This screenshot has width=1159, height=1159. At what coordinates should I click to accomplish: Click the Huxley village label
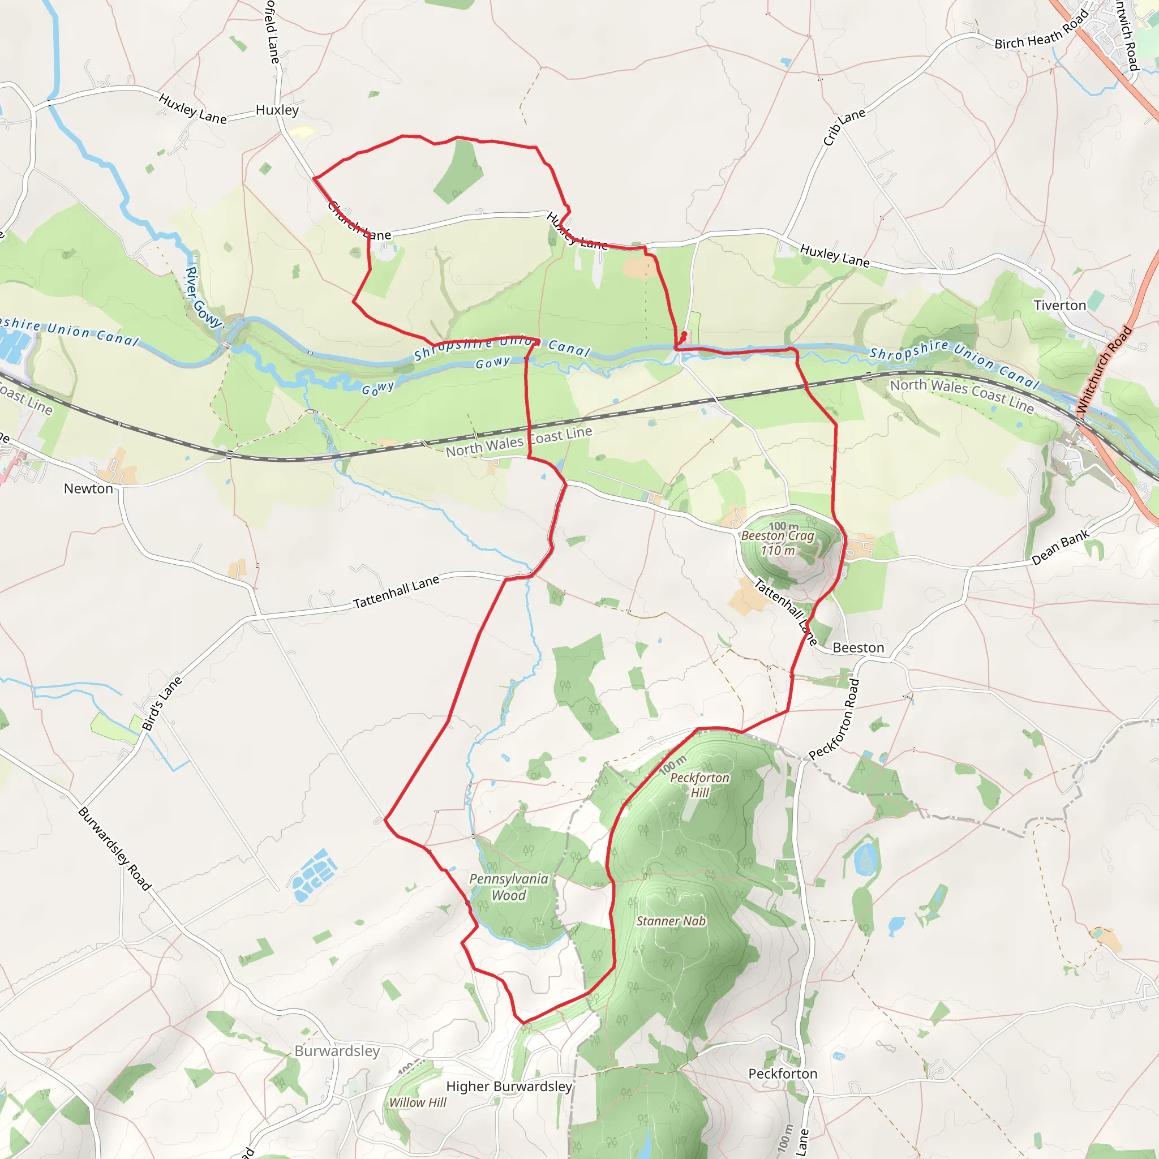(x=277, y=110)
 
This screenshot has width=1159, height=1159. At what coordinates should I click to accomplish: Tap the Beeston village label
(x=858, y=648)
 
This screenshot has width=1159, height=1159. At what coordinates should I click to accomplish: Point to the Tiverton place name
(x=1059, y=306)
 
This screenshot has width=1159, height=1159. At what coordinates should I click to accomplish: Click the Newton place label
(x=88, y=488)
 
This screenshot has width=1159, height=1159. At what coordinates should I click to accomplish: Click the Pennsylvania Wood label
(x=509, y=887)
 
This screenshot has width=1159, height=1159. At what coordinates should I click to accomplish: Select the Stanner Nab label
(x=671, y=921)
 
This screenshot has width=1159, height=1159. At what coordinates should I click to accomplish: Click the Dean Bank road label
(x=1060, y=547)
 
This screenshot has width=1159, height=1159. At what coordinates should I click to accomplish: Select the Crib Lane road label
(x=843, y=127)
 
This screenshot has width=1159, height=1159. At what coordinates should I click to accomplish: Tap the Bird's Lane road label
(x=161, y=703)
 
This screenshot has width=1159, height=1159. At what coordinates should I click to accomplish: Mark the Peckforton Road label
(x=835, y=719)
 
